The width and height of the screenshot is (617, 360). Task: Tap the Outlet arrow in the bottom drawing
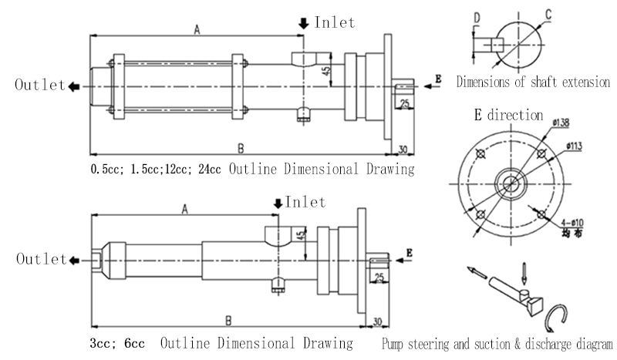[x=74, y=260]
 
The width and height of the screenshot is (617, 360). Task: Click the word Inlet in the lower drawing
[x=306, y=203]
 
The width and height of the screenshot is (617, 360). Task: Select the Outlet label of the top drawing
[x=39, y=86]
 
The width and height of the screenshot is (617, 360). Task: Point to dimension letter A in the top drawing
[x=197, y=29]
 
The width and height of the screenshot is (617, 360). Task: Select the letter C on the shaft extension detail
[x=547, y=14]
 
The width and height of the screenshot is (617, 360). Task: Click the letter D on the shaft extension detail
[x=477, y=17]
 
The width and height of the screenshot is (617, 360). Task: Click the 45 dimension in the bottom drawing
[x=300, y=236]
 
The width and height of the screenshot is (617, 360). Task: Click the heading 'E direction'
[x=508, y=116]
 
